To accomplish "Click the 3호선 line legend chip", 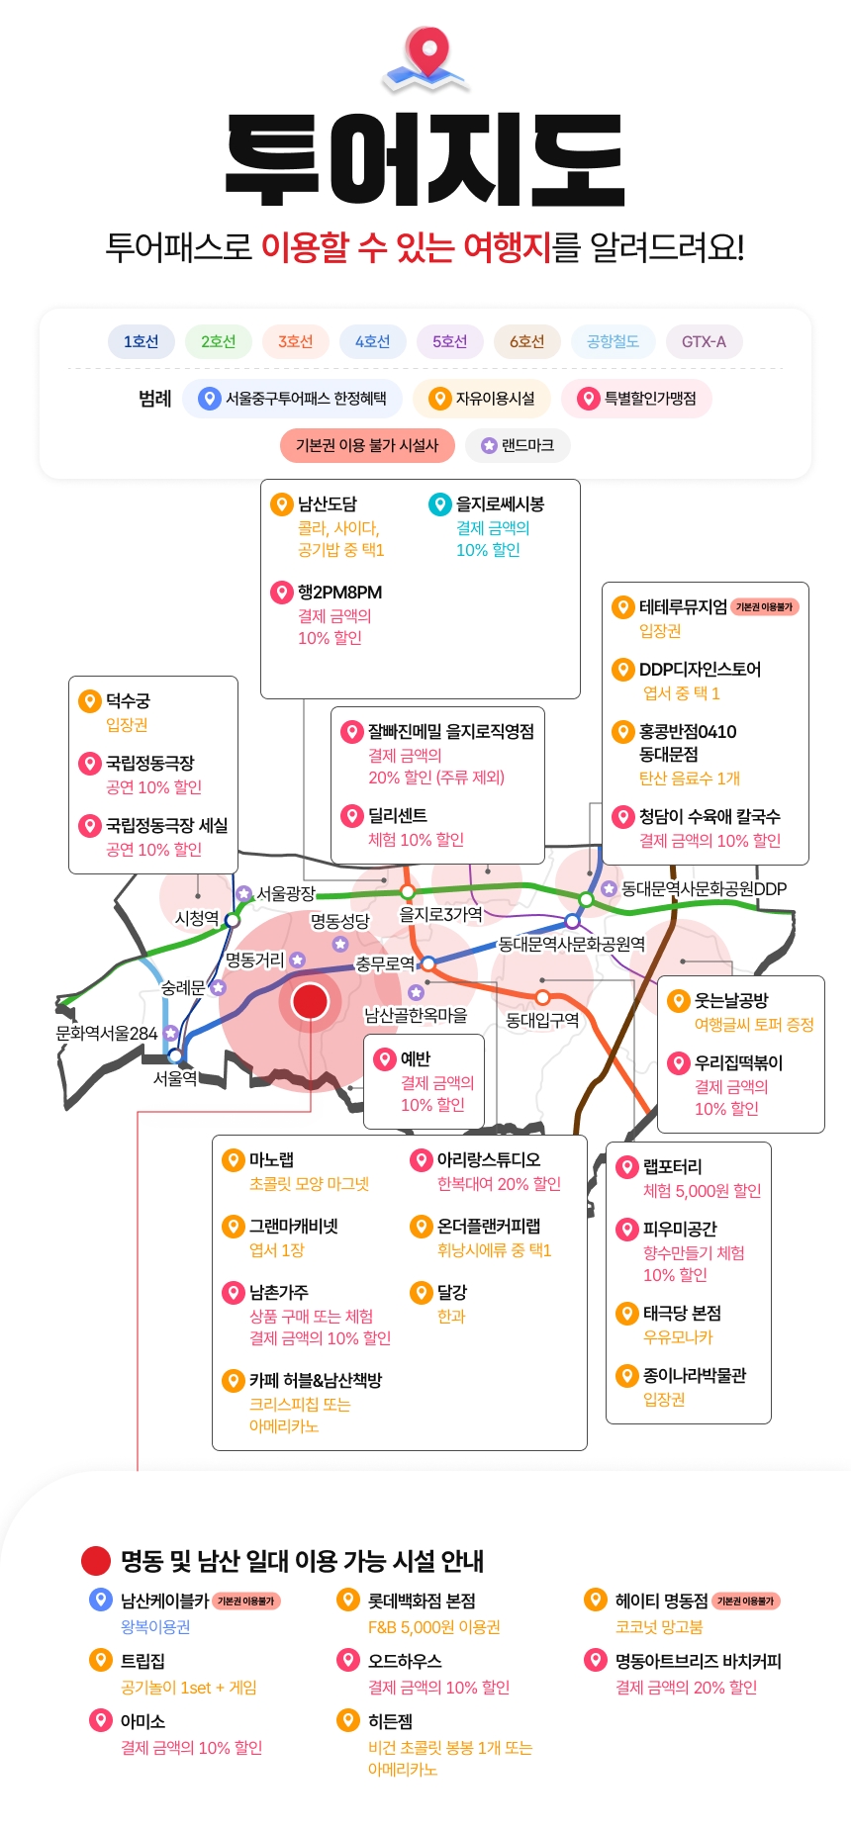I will (295, 341).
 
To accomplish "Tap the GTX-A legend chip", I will (704, 341).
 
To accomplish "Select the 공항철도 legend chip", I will (613, 341).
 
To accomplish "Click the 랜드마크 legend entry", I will (518, 445).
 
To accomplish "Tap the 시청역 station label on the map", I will (196, 918).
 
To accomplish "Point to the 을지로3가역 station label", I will (440, 914).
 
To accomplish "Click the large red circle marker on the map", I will (310, 1001).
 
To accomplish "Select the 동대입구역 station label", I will (542, 1020).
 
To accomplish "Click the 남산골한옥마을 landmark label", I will (416, 1015).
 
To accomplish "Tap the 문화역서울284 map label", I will (106, 1033).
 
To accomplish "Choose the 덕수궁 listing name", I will (128, 700).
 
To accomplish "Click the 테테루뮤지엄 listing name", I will (683, 606).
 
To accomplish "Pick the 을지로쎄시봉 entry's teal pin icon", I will (439, 504).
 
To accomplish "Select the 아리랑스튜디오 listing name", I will (489, 1159).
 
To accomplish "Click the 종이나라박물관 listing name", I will (695, 1375).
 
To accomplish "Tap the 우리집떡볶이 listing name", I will (738, 1062).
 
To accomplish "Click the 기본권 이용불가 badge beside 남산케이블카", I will (246, 1601).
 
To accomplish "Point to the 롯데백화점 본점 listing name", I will (422, 1601).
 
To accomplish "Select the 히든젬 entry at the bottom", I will (390, 1721).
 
